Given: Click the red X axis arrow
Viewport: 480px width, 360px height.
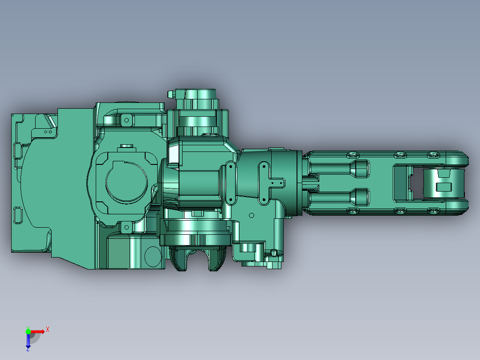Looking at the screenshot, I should click(x=38, y=331).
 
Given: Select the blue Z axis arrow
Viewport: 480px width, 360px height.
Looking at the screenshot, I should click(x=28, y=341).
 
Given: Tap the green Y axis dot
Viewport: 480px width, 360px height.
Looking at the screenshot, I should click(x=28, y=331).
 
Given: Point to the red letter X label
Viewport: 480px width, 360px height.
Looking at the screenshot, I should click(x=48, y=329).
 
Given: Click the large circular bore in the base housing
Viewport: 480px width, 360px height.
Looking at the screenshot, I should click(x=126, y=183).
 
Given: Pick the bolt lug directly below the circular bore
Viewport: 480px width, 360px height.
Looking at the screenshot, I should click(x=126, y=228).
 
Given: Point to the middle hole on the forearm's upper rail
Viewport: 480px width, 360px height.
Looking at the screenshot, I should click(x=399, y=155).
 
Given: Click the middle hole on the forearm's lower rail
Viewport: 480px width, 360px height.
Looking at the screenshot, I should click(x=399, y=210).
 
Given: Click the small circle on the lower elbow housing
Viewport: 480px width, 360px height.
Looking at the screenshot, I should click(x=251, y=216).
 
